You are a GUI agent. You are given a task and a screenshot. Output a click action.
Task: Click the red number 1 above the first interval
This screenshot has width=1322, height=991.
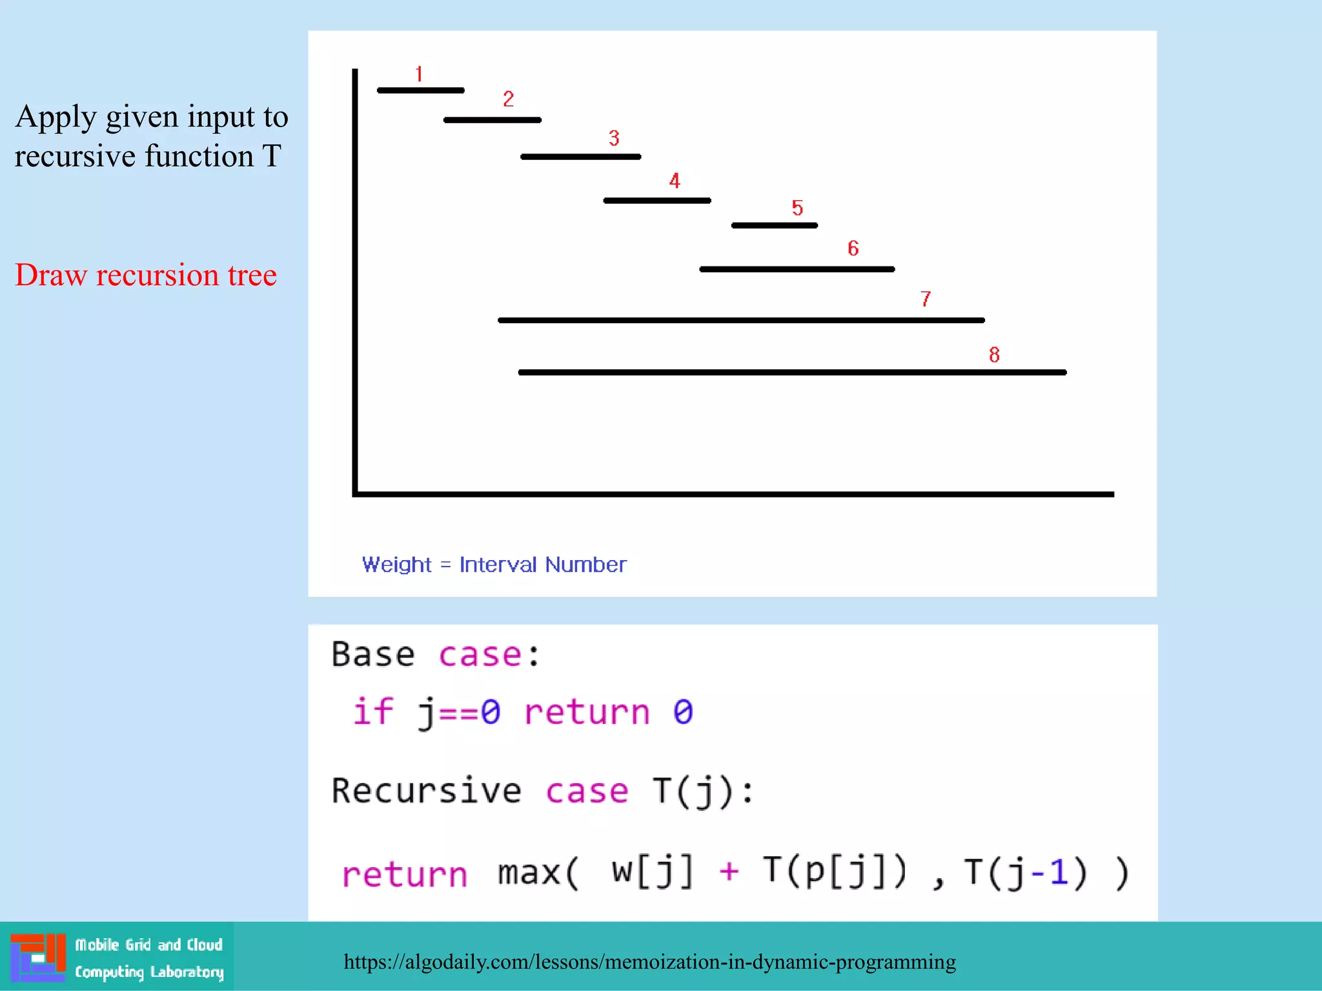click(x=419, y=74)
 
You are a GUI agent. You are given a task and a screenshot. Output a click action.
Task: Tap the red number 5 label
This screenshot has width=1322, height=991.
click(x=797, y=208)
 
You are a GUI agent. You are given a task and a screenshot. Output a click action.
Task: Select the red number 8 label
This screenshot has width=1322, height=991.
click(x=994, y=354)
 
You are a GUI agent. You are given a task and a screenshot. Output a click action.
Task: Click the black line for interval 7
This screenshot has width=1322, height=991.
click(x=741, y=320)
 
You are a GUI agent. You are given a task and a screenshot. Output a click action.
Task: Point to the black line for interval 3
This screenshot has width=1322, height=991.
click(x=580, y=157)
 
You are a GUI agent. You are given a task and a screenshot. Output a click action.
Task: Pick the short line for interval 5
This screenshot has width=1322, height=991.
click(x=774, y=225)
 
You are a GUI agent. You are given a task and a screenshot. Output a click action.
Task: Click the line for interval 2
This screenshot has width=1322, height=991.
click(x=492, y=120)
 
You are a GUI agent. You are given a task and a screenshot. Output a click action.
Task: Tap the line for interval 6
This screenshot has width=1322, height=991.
click(x=797, y=269)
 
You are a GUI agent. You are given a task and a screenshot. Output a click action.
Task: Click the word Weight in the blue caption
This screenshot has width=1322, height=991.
click(x=396, y=565)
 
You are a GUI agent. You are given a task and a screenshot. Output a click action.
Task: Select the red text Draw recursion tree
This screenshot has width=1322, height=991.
click(x=146, y=275)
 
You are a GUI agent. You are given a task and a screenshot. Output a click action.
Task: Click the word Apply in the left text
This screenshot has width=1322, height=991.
click(x=56, y=117)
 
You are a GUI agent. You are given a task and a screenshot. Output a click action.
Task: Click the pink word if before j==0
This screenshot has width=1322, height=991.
click(x=372, y=712)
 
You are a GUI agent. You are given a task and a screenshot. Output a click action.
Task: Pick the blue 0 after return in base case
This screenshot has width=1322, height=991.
click(x=683, y=712)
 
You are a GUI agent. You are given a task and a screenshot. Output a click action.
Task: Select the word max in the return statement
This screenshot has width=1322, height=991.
click(x=529, y=873)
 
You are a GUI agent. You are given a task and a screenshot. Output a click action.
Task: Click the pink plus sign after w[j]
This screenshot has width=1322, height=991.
click(x=729, y=872)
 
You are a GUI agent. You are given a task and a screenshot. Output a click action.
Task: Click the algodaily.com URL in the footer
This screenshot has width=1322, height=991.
click(x=649, y=962)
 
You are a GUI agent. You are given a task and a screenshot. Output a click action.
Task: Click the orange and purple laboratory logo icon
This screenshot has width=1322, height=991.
click(x=38, y=957)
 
